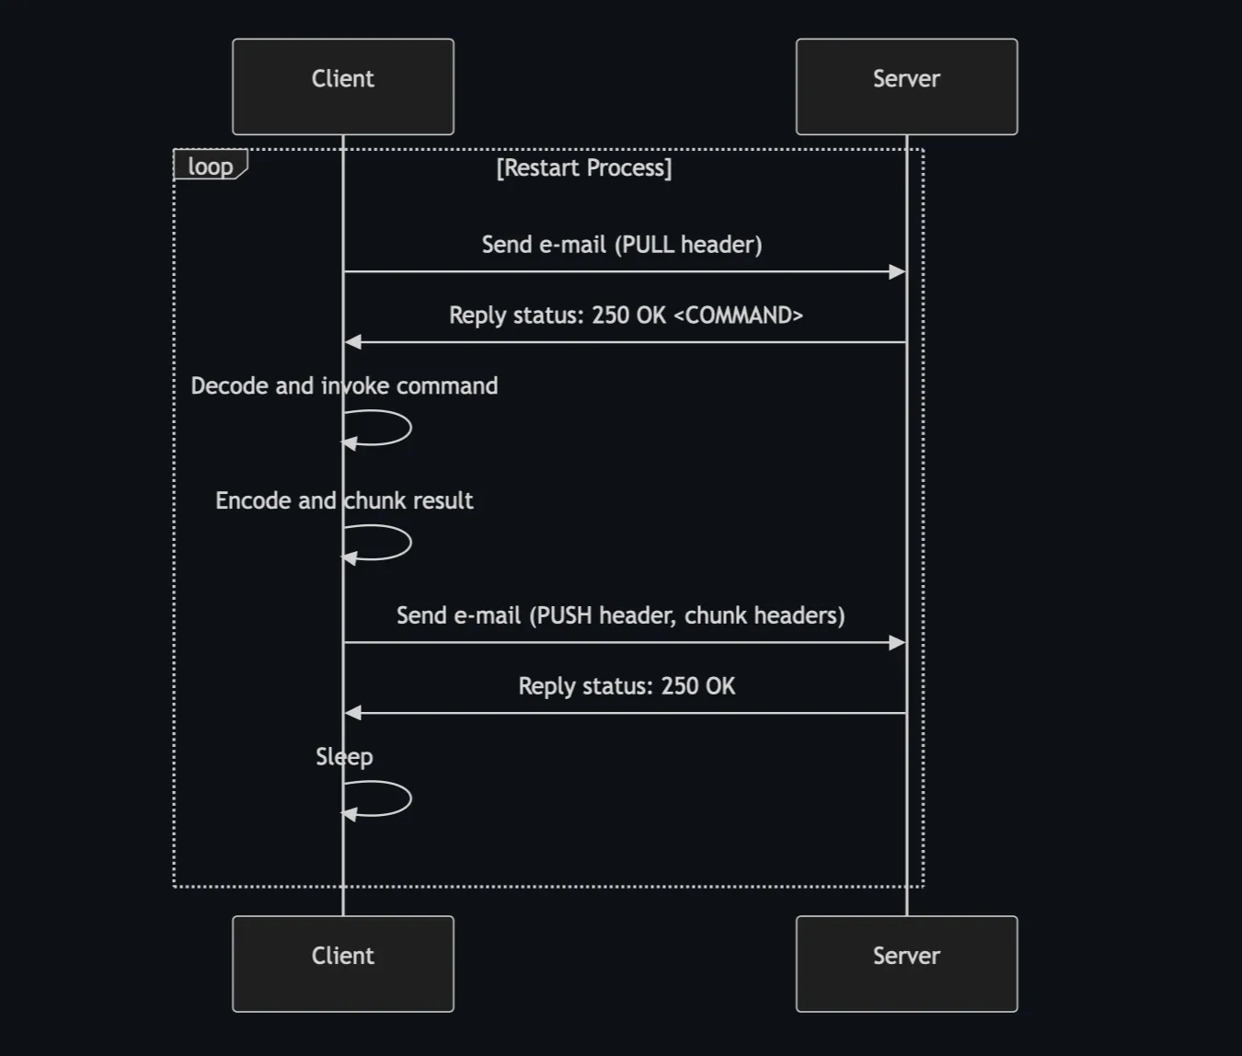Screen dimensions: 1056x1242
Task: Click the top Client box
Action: (342, 86)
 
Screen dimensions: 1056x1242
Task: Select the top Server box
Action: (906, 86)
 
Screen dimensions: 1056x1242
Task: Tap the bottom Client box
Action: (342, 963)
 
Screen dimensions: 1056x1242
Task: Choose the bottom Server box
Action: (906, 963)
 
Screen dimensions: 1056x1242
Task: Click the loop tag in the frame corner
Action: (211, 166)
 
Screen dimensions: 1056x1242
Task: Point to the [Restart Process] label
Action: (584, 167)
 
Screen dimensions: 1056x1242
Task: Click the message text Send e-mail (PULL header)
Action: (621, 245)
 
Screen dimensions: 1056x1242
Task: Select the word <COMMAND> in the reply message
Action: (738, 316)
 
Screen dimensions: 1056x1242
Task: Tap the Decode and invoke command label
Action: (344, 385)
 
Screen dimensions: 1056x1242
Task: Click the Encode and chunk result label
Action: (344, 500)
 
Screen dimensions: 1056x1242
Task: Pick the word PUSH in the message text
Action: (564, 615)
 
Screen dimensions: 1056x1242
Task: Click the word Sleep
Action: (344, 756)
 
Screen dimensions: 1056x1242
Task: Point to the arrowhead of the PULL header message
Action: (897, 271)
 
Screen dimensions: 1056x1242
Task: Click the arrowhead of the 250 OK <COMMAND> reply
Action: (353, 342)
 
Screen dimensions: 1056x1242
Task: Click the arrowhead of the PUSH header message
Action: (897, 642)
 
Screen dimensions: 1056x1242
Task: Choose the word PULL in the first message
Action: (649, 245)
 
